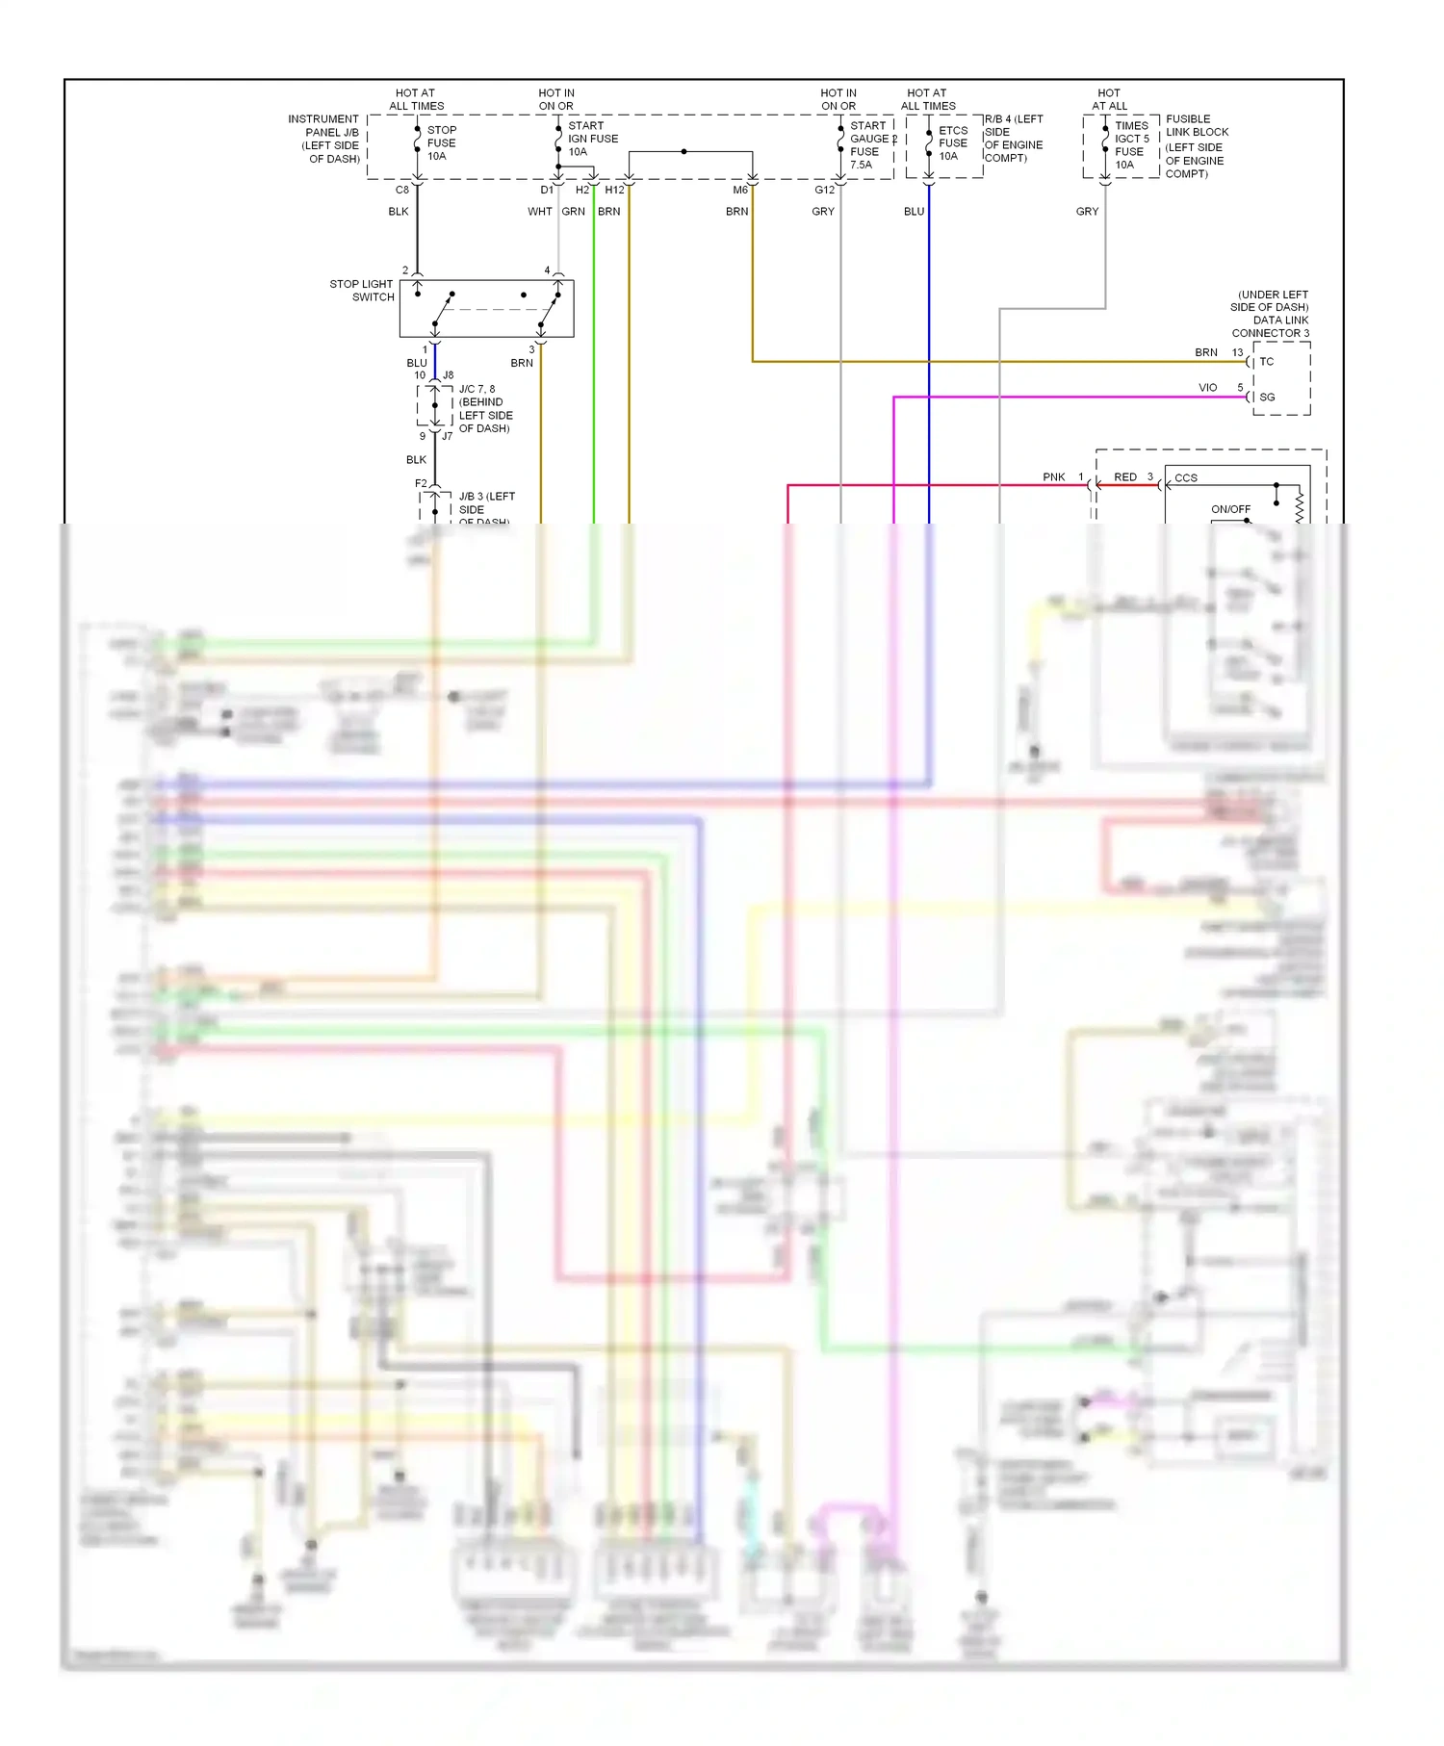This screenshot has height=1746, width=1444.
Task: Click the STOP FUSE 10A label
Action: coord(441,142)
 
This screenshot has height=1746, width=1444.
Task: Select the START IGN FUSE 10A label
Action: coord(592,139)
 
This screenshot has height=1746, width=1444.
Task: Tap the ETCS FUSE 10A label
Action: coord(952,142)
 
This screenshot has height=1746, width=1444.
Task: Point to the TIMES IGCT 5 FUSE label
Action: coord(1131,144)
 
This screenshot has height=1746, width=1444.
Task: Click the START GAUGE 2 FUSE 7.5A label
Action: coord(870,144)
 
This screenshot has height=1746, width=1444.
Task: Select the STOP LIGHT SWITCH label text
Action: coord(362,291)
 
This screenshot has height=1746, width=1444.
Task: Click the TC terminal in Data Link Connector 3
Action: coord(1266,362)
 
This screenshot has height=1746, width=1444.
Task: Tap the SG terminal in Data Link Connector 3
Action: coord(1267,397)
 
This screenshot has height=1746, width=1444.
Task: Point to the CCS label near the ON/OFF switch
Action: coord(1185,477)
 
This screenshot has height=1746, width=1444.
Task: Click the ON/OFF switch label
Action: coord(1230,509)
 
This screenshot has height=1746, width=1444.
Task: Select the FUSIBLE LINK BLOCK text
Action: coord(1196,126)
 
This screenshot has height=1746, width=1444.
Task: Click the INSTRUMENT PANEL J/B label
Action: coord(323,139)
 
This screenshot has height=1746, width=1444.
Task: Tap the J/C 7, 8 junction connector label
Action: coord(484,409)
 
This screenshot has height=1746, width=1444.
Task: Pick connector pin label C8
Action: coord(402,190)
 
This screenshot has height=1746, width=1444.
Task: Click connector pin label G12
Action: coord(824,190)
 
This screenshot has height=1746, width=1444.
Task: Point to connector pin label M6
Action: coord(739,190)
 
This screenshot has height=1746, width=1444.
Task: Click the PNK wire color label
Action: coord(1053,477)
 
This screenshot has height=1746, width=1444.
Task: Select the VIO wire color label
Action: coord(1207,387)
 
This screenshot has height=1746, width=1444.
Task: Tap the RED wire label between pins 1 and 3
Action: coord(1124,477)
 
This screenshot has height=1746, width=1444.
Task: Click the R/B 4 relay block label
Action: coord(1013,139)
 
